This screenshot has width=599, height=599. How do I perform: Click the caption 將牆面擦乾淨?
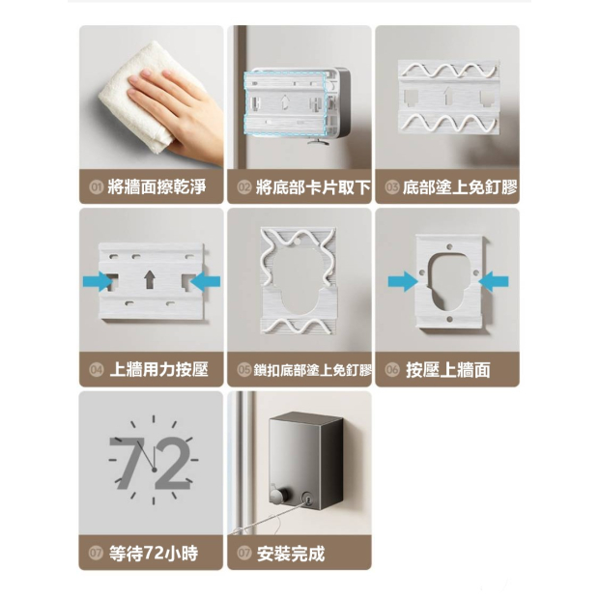pos(157,187)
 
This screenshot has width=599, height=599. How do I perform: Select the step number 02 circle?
pos(244,187)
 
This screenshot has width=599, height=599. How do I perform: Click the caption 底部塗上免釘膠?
pos(460,187)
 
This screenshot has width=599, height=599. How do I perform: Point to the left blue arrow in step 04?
pos(98,281)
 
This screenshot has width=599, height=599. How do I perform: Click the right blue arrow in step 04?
pos(205,282)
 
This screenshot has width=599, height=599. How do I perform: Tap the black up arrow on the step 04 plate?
pos(150,279)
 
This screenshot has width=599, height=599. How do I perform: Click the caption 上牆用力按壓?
pos(158,370)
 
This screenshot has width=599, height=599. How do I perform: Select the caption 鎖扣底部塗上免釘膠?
pos(312,370)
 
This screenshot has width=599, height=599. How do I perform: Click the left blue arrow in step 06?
pos(403,281)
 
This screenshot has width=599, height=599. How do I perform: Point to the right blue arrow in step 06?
pos(494,281)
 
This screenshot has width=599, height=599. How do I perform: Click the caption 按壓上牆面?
pos(448,370)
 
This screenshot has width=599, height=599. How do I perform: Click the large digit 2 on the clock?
pos(172,463)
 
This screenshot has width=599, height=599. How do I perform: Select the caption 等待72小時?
pos(154,553)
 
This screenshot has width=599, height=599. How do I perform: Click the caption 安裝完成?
pos(291,554)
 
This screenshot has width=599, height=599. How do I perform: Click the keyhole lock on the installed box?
pos(307,498)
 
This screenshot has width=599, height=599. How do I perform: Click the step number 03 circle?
pos(392,187)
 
